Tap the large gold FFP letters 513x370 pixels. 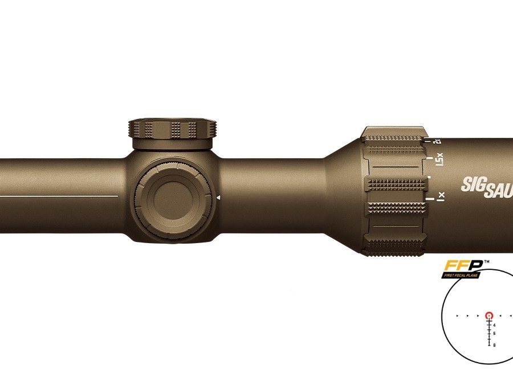tap(463, 265)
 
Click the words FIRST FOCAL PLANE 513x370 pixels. tap(462, 274)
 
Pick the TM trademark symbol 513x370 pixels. tap(486, 262)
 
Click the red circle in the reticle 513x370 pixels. tap(488, 315)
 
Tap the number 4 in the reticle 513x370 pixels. tap(494, 325)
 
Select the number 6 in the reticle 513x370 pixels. tap(494, 334)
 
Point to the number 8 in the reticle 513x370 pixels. tap(494, 344)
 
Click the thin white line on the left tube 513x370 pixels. tap(57, 195)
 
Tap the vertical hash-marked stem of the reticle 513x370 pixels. tap(488, 333)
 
